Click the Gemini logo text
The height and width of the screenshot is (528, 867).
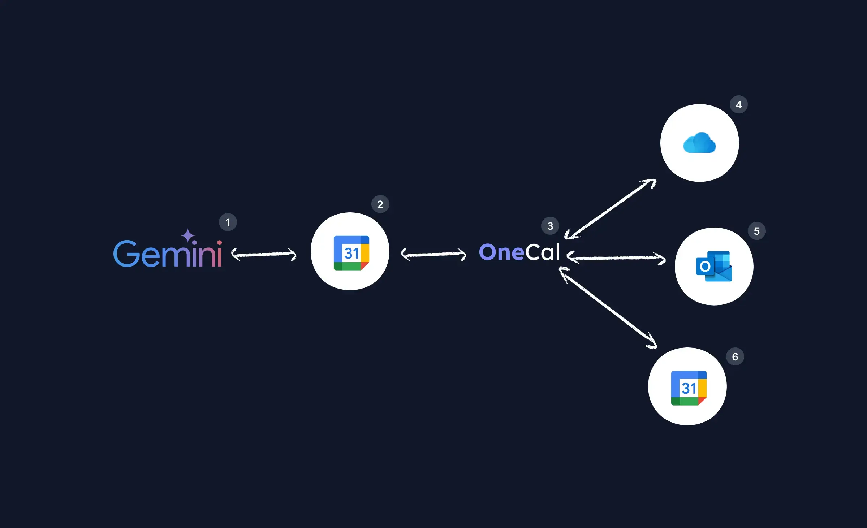click(x=168, y=254)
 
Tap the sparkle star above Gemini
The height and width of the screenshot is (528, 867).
click(x=188, y=235)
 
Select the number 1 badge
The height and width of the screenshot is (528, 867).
click(x=228, y=222)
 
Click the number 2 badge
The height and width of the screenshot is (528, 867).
click(x=380, y=204)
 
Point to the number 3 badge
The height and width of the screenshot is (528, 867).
click(x=550, y=226)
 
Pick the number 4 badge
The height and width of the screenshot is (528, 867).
click(x=738, y=105)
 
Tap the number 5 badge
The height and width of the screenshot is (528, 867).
click(x=756, y=231)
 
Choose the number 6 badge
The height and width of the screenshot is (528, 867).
click(x=735, y=356)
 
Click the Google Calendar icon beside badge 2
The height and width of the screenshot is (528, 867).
click(x=351, y=253)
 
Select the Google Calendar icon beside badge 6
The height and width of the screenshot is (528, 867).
click(x=689, y=388)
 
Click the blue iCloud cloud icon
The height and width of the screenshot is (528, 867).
click(x=699, y=143)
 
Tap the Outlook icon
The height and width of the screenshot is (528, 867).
click(x=714, y=267)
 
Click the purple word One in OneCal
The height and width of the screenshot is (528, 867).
click(x=501, y=252)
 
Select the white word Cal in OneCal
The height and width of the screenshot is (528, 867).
click(x=543, y=252)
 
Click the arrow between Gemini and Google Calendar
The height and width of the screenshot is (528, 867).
click(x=264, y=254)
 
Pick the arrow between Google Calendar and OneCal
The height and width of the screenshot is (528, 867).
click(x=433, y=254)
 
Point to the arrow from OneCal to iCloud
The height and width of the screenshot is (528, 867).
click(x=611, y=209)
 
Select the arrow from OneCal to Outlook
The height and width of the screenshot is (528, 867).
click(x=616, y=258)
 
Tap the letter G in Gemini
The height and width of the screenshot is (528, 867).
click(x=126, y=254)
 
